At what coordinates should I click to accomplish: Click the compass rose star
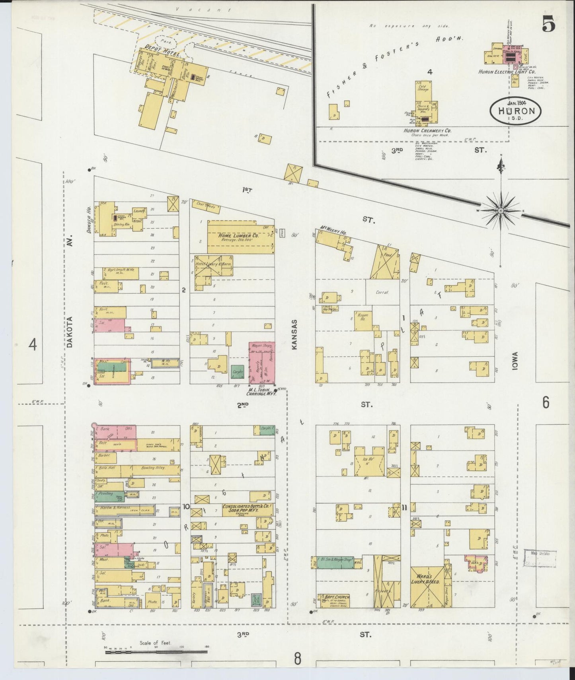[x=501, y=210]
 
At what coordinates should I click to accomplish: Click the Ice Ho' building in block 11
[x=370, y=461]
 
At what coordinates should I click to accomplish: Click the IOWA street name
[x=515, y=361]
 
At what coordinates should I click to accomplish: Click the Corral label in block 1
[x=382, y=292]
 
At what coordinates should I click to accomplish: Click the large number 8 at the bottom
[x=297, y=659]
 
